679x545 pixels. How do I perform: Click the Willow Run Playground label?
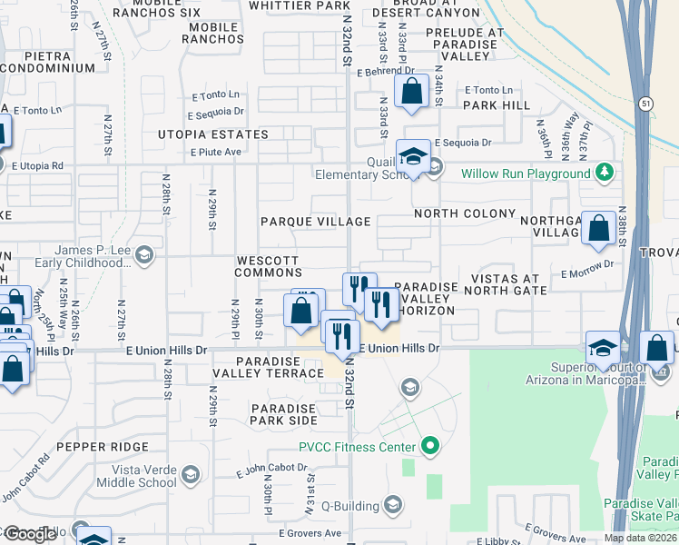pyautogui.click(x=525, y=173)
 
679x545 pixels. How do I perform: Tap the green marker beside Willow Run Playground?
pyautogui.click(x=604, y=173)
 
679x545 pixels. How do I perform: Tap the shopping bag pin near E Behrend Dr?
pyautogui.click(x=412, y=92)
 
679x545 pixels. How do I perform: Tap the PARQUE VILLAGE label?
pyautogui.click(x=315, y=222)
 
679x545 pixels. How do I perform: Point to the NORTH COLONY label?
pyautogui.click(x=458, y=213)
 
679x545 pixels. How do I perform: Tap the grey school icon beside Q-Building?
pyautogui.click(x=392, y=504)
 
